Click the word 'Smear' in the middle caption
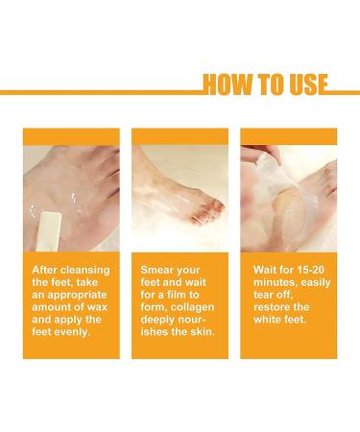click(x=157, y=270)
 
